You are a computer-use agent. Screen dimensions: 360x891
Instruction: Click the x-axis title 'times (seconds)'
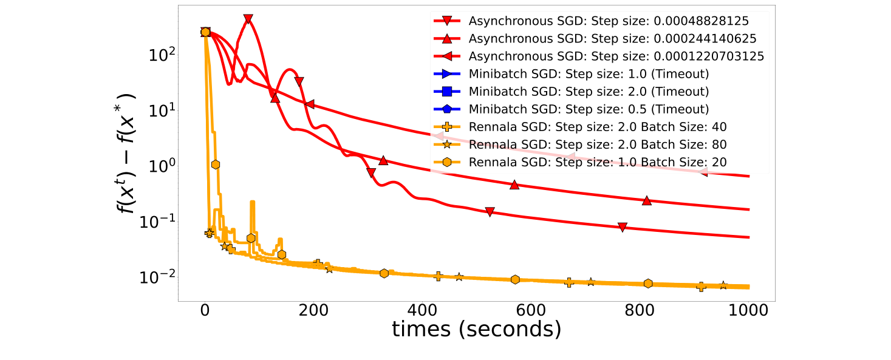pyautogui.click(x=476, y=330)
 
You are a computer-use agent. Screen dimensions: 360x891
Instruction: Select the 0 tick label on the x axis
pyautogui.click(x=205, y=311)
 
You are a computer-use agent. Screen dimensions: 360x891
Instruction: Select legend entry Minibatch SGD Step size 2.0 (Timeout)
pyautogui.click(x=588, y=92)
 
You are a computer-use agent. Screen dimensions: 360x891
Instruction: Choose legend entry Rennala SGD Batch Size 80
pyautogui.click(x=598, y=144)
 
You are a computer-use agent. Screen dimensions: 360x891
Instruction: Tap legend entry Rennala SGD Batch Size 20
pyautogui.click(x=598, y=162)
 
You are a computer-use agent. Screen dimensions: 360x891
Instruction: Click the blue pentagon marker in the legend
pyautogui.click(x=446, y=109)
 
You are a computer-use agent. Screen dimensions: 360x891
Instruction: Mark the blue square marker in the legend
pyautogui.click(x=446, y=92)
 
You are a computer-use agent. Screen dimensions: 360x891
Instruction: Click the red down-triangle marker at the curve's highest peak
pyautogui.click(x=248, y=19)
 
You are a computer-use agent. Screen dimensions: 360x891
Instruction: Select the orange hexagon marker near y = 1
pyautogui.click(x=215, y=165)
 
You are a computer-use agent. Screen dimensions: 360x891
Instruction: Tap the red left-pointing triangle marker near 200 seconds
pyautogui.click(x=310, y=104)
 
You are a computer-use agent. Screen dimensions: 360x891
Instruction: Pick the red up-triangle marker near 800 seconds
pyautogui.click(x=647, y=200)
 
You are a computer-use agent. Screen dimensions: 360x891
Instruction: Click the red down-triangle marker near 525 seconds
pyautogui.click(x=490, y=212)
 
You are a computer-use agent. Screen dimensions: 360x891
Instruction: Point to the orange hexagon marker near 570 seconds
pyautogui.click(x=515, y=279)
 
